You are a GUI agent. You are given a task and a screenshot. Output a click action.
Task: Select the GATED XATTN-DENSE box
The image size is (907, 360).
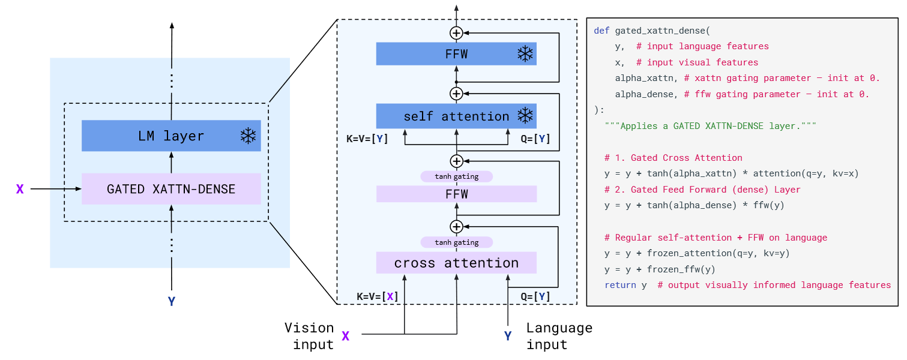point(171,189)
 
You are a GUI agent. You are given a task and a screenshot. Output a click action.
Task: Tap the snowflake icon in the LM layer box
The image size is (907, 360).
point(247,136)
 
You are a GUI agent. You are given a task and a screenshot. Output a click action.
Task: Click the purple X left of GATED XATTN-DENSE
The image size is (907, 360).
point(20,189)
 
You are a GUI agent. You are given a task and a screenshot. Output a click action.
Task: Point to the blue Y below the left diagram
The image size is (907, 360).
point(172,301)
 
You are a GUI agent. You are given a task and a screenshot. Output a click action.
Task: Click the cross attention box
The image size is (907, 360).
point(456,263)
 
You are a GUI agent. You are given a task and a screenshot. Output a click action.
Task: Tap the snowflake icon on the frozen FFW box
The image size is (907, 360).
point(525,54)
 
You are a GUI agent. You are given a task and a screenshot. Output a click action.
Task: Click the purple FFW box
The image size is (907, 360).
point(456,194)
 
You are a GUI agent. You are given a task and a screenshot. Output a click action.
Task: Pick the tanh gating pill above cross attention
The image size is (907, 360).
point(456,242)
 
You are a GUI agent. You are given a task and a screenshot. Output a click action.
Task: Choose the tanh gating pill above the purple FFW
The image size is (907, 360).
point(456,176)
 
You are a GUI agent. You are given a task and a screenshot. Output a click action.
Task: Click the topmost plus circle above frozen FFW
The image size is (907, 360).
point(456,32)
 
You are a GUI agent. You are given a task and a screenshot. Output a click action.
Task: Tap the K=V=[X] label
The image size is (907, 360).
point(378,296)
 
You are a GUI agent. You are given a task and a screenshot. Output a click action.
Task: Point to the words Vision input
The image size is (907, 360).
point(309,336)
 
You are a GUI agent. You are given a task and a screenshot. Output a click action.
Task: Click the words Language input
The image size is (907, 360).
point(559,336)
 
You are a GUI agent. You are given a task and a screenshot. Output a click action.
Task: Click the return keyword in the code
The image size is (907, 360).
point(620,285)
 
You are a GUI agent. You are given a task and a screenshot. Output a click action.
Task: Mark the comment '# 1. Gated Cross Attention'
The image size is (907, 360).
point(673,158)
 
